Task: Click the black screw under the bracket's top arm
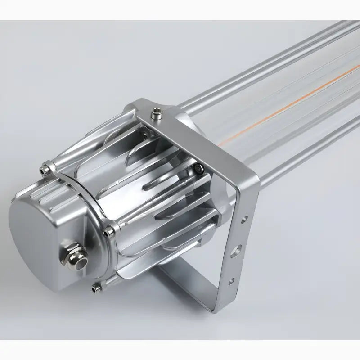point(199,169)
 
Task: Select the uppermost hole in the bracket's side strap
point(244,220)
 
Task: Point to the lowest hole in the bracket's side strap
point(231,281)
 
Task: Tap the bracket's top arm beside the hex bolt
point(189,130)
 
